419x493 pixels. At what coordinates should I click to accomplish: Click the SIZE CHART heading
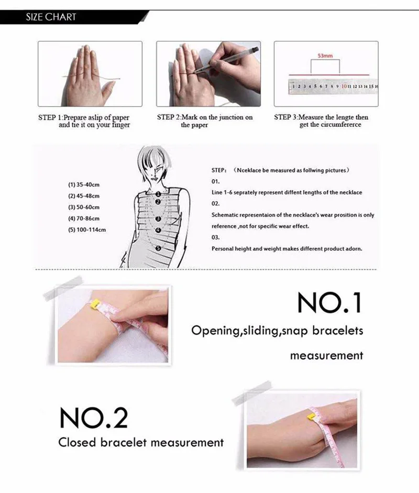pyautogui.click(x=51, y=17)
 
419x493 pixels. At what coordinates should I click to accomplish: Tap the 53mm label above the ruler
pyautogui.click(x=325, y=54)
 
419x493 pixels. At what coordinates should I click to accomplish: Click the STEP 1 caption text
pyautogui.click(x=84, y=121)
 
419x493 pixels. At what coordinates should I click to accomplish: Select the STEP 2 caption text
pyautogui.click(x=205, y=121)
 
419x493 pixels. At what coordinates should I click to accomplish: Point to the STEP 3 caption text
pyautogui.click(x=321, y=121)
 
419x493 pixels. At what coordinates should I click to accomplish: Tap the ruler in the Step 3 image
pyautogui.click(x=333, y=86)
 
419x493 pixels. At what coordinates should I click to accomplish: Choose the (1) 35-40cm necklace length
pyautogui.click(x=84, y=184)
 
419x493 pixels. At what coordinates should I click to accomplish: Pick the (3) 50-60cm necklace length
pyautogui.click(x=84, y=207)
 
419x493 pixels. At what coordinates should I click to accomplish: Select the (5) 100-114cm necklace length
pyautogui.click(x=87, y=229)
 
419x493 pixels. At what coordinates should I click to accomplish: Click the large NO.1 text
pyautogui.click(x=329, y=302)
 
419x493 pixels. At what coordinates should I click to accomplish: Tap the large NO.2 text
pyautogui.click(x=93, y=418)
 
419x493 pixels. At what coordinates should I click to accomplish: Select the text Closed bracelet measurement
pyautogui.click(x=141, y=443)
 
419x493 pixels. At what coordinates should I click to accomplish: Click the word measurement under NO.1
pyautogui.click(x=326, y=355)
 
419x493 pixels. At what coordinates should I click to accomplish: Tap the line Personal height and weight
pyautogui.click(x=286, y=248)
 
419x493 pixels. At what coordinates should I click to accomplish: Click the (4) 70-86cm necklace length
pyautogui.click(x=84, y=218)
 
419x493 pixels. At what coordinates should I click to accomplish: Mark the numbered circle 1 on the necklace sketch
pyautogui.click(x=157, y=193)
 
